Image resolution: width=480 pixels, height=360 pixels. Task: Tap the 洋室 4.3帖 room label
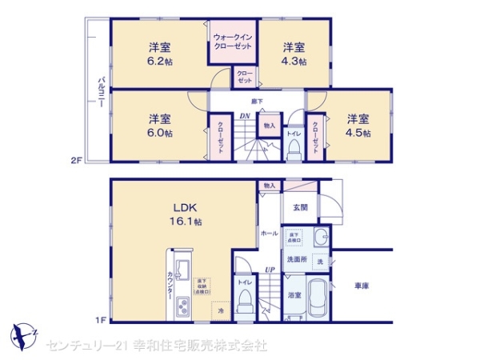pyautogui.click(x=294, y=54)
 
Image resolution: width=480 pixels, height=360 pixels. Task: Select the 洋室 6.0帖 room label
pyautogui.click(x=159, y=126)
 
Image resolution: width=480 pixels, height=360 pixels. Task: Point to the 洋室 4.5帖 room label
pyautogui.click(x=358, y=126)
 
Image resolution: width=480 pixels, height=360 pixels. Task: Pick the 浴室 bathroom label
pyautogui.click(x=294, y=295)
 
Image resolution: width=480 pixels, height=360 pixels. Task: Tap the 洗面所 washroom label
pyautogui.click(x=298, y=259)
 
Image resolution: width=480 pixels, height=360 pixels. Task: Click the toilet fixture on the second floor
pyautogui.click(x=293, y=149)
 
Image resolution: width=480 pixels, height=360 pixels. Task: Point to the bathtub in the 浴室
pyautogui.click(x=317, y=300)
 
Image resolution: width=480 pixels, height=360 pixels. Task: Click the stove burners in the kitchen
pyautogui.click(x=181, y=306)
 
